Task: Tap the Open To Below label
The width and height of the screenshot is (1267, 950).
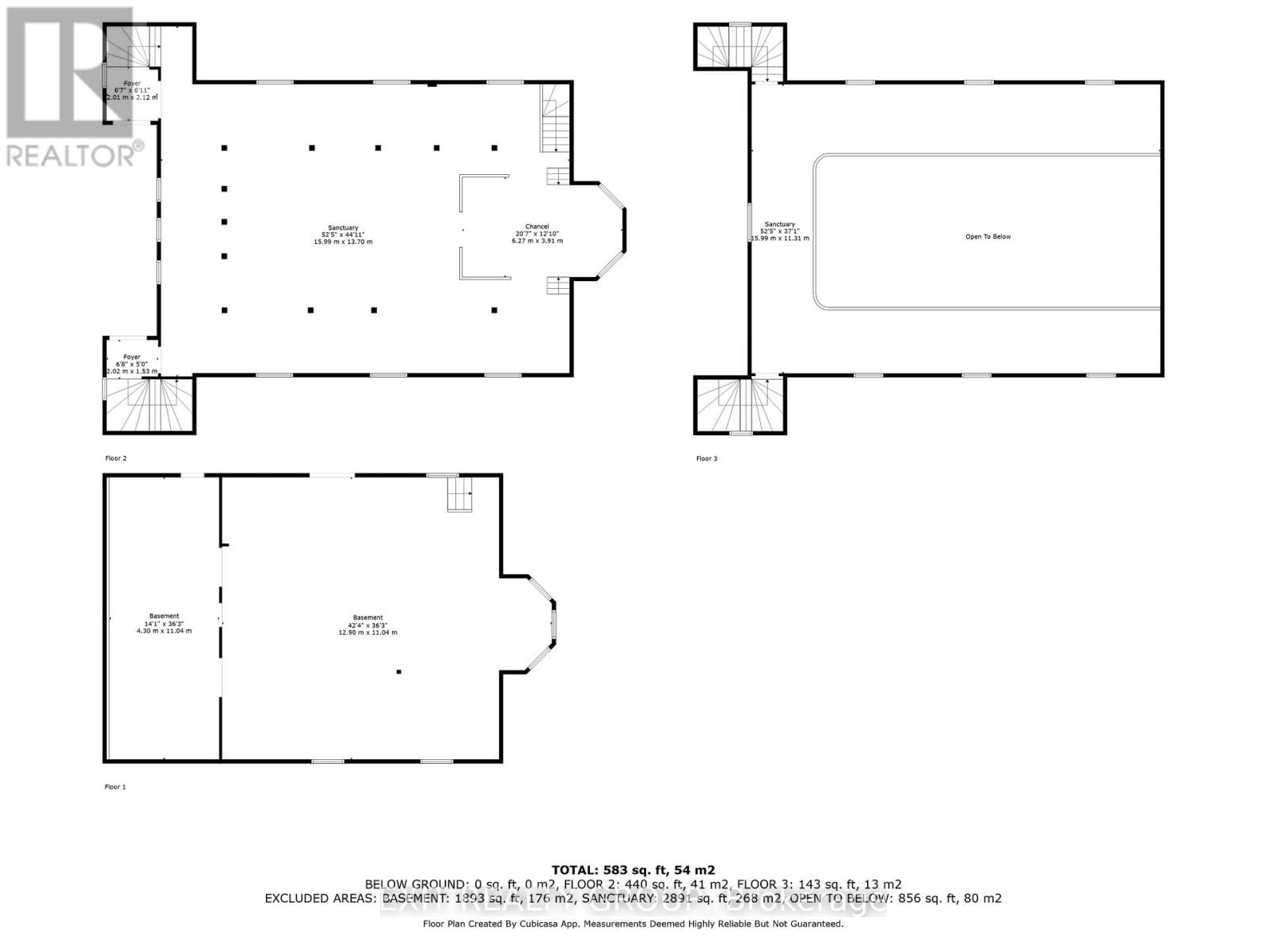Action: (987, 237)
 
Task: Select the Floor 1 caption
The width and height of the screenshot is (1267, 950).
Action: (115, 787)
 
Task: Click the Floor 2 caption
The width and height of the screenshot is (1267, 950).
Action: (116, 458)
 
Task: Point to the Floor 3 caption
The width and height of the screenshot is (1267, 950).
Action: (706, 458)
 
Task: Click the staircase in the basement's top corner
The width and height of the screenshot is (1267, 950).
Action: (460, 495)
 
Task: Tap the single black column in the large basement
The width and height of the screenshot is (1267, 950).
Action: (399, 672)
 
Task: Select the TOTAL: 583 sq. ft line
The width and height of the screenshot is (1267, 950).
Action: (633, 869)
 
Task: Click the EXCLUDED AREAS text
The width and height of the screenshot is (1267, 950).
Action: (321, 899)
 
